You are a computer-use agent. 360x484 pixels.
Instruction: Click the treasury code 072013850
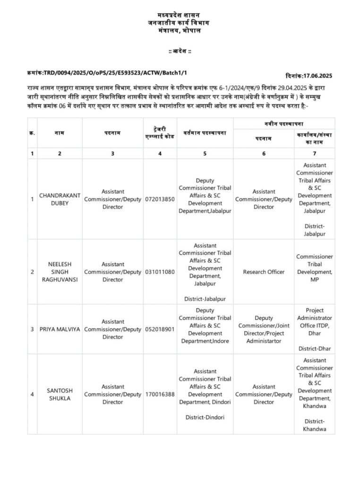point(160,199)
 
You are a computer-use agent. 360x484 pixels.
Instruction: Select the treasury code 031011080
point(160,272)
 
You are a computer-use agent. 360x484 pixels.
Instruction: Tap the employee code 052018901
point(160,329)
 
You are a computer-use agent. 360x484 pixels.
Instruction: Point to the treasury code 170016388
point(160,394)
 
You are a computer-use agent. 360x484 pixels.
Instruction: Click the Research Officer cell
point(264,272)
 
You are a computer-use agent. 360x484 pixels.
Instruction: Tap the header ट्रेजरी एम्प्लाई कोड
point(160,133)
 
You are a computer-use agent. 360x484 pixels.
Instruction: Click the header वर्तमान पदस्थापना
point(205,133)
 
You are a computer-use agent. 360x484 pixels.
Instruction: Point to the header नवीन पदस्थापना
point(284,123)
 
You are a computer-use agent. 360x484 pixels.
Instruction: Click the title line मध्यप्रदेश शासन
point(180,16)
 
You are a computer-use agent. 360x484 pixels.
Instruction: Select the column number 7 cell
point(315,153)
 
